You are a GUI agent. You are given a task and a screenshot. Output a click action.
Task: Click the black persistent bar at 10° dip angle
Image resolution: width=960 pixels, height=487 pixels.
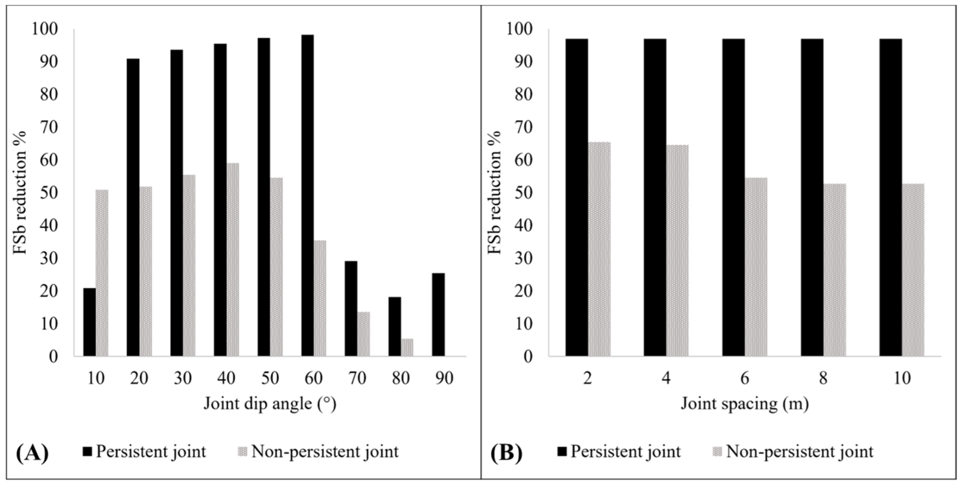[x=89, y=322]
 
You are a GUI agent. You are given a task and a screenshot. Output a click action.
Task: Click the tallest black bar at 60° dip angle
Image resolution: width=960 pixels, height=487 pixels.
[x=307, y=195]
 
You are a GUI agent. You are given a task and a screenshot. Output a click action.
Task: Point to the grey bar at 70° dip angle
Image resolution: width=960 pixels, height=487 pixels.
[x=364, y=334]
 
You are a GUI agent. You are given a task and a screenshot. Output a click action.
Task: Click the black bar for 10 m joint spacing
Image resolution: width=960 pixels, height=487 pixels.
[x=891, y=197]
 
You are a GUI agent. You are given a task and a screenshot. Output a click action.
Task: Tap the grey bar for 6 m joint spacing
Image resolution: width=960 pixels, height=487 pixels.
[x=756, y=267]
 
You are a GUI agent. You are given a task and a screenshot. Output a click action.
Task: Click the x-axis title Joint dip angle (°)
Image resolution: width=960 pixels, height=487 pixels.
[x=270, y=404]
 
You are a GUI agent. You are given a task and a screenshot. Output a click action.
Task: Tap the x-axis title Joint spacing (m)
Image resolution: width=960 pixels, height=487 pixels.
[x=745, y=404]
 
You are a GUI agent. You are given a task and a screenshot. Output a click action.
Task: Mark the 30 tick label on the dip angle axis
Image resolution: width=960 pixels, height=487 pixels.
[x=183, y=378]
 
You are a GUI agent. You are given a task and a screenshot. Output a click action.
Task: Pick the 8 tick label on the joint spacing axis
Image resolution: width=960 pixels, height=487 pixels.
[x=823, y=378]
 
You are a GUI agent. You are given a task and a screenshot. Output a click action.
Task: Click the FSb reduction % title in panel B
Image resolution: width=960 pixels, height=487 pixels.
[x=495, y=192]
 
